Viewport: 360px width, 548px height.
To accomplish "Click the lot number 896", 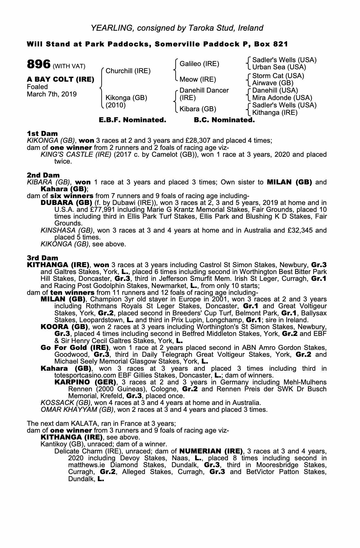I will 38,65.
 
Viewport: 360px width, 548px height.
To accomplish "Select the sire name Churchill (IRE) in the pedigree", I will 128,71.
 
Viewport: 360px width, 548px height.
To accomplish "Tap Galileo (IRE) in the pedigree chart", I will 199,64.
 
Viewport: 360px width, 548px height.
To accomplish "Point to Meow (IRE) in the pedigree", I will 198,79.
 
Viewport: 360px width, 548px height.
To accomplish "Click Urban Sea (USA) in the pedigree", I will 279,67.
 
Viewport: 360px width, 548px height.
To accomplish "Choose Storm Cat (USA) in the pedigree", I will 278,76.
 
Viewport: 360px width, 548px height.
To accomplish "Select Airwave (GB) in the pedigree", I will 273,83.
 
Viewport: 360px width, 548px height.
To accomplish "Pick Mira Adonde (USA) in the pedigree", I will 282,98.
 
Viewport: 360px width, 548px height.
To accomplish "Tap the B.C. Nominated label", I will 224,120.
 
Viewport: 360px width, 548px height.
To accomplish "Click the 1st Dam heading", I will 42,133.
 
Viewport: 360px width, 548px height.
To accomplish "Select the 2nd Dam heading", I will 43,175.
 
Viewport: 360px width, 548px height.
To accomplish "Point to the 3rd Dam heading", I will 42,258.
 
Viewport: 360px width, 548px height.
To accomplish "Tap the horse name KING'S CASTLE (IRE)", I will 76,155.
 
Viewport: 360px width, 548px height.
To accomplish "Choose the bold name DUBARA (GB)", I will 66,203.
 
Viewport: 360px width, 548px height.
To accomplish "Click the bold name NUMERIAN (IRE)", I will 211,451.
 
